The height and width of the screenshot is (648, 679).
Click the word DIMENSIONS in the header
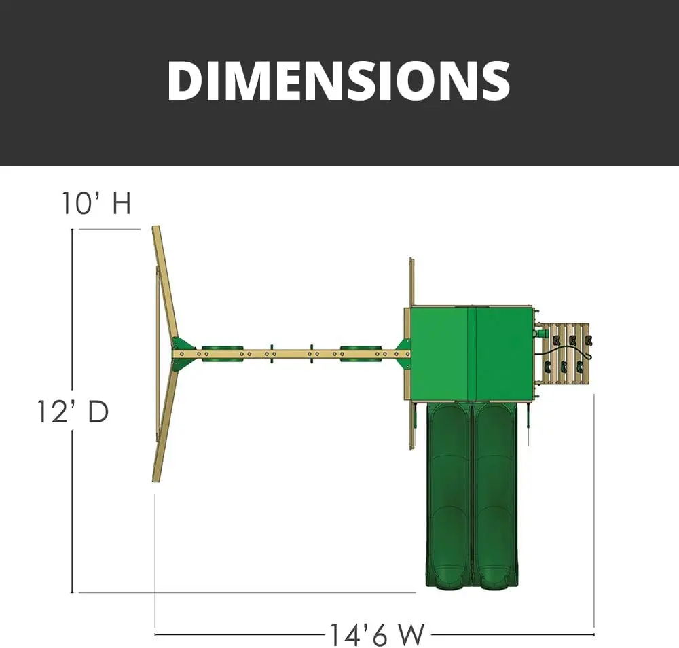click(x=339, y=81)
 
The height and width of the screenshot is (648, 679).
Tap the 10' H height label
click(x=96, y=202)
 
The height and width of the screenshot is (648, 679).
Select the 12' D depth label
click(x=73, y=412)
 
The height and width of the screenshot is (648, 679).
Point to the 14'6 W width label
click(x=377, y=635)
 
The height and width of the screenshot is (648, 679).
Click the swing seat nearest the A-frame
click(x=223, y=353)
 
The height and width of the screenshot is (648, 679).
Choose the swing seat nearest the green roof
click(x=361, y=353)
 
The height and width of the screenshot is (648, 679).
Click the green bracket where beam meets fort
click(x=403, y=354)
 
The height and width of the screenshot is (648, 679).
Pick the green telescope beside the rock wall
click(x=541, y=334)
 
